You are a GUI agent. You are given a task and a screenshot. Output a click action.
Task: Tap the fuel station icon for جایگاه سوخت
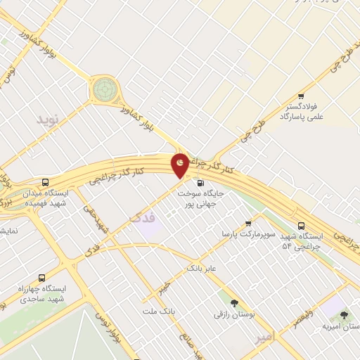[193, 183]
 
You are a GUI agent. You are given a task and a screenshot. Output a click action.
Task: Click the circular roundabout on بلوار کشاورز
[105, 89]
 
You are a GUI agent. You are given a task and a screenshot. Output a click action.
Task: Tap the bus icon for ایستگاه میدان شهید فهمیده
[46, 181]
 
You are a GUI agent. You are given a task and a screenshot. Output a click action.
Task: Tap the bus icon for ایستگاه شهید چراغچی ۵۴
[301, 226]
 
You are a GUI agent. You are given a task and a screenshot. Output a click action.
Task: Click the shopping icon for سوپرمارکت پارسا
[247, 224]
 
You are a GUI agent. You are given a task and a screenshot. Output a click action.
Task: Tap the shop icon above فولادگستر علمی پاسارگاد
[301, 96]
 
